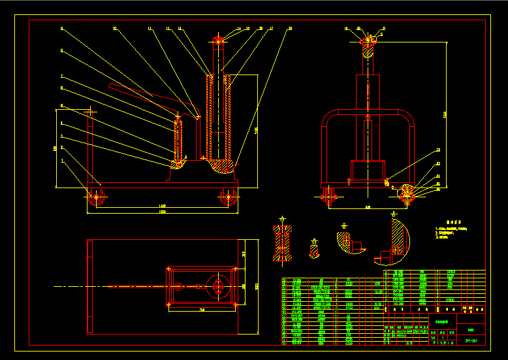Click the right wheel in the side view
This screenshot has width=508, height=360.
[229, 197]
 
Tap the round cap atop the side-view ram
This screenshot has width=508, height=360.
[218, 41]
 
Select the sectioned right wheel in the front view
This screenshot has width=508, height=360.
[408, 192]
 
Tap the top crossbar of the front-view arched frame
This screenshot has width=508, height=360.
[369, 114]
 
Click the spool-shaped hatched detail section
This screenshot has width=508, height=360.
[283, 243]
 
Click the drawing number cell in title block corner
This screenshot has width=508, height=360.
[470, 340]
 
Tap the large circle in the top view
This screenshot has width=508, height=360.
[217, 286]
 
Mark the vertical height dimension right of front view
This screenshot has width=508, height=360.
[445, 114]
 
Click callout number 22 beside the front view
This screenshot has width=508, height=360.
[438, 151]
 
